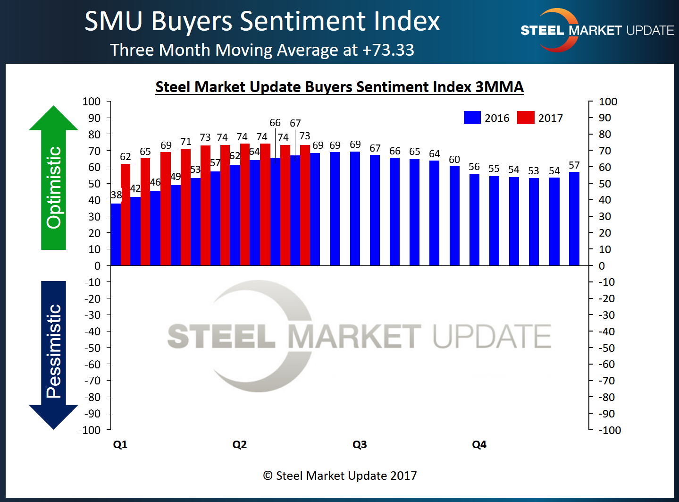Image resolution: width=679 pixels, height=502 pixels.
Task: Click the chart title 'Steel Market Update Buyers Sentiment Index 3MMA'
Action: [339, 87]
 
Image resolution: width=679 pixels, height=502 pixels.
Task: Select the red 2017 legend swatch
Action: [526, 118]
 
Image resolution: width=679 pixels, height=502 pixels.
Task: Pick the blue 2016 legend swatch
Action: [472, 118]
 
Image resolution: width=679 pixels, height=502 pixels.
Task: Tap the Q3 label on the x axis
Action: [360, 444]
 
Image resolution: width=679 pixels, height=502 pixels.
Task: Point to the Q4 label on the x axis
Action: [479, 444]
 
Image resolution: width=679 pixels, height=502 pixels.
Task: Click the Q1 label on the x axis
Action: [120, 444]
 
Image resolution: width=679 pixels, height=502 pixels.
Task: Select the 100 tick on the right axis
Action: [608, 102]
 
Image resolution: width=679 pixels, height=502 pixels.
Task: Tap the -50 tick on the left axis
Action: [92, 348]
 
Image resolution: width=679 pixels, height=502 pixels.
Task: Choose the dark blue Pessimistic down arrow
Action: [53, 354]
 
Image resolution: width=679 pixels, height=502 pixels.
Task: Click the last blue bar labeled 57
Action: [574, 219]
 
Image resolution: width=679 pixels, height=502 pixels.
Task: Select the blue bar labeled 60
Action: [454, 216]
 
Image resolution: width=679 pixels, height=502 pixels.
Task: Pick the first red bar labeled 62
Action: [126, 215]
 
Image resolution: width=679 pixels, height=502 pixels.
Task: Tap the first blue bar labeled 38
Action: [115, 234]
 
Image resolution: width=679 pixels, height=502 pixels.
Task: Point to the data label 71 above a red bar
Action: [186, 142]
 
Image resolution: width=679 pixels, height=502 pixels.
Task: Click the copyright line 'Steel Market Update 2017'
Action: [340, 476]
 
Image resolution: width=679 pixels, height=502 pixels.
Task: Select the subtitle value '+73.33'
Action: [388, 50]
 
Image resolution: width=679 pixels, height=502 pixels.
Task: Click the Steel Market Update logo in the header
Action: [596, 30]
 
